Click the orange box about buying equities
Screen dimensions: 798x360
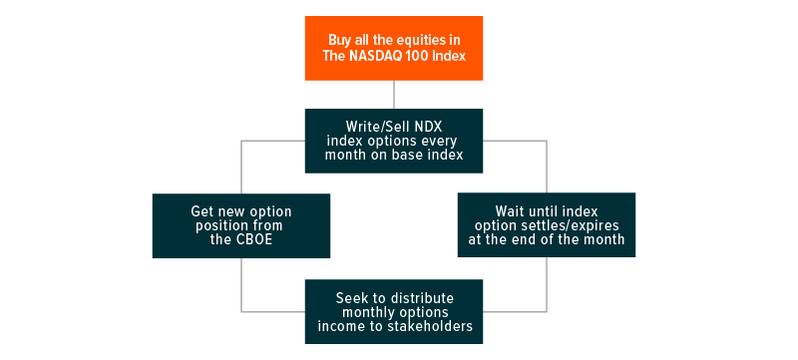coord(394,48)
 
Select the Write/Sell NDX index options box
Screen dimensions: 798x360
coord(394,141)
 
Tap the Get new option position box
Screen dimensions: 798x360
coord(241,225)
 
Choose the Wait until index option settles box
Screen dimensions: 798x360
coord(547,224)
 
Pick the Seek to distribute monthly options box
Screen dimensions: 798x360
coord(394,312)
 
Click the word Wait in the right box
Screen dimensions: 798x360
coord(508,210)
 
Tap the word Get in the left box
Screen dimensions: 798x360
coord(200,211)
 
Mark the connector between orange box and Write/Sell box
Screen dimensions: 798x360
coord(394,95)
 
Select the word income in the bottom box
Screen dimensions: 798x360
coord(335,326)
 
